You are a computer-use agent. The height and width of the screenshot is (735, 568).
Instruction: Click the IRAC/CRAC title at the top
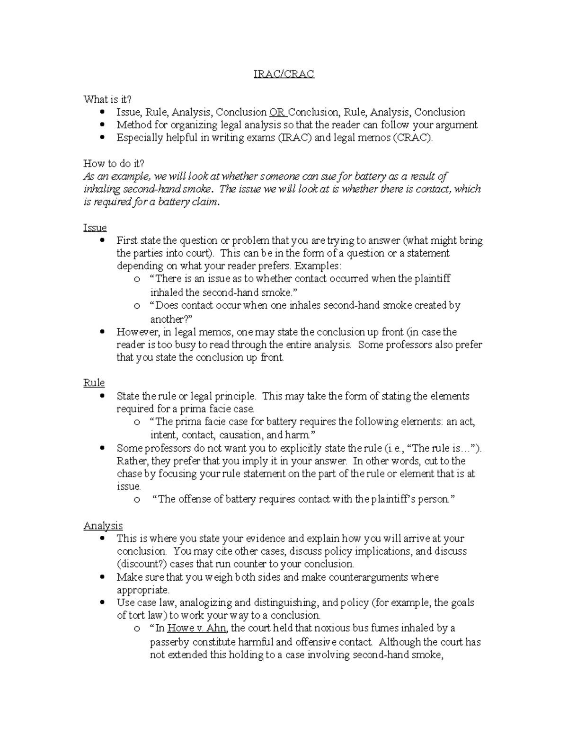pyautogui.click(x=284, y=74)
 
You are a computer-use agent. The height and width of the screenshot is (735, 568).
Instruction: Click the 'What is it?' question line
pyautogui.click(x=107, y=99)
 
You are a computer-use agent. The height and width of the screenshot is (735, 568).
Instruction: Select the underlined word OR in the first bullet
pyautogui.click(x=276, y=112)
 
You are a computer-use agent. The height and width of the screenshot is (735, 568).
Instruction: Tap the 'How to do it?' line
pyautogui.click(x=114, y=163)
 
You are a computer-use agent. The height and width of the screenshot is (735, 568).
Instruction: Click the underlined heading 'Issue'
pyautogui.click(x=95, y=228)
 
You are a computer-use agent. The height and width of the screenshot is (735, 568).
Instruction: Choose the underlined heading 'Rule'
pyautogui.click(x=94, y=382)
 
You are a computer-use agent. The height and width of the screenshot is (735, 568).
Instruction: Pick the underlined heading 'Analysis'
pyautogui.click(x=103, y=525)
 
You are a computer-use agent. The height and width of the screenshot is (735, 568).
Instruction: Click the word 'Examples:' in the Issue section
pyautogui.click(x=317, y=266)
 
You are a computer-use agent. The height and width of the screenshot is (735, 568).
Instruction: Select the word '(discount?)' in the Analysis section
pyautogui.click(x=142, y=564)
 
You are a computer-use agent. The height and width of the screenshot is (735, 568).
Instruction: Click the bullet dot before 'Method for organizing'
pyautogui.click(x=102, y=125)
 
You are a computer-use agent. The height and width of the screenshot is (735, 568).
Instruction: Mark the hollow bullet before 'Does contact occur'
pyautogui.click(x=137, y=306)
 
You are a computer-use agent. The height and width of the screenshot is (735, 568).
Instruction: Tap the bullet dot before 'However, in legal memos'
pyautogui.click(x=102, y=332)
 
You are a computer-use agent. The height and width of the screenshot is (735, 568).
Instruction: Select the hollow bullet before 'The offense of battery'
pyautogui.click(x=137, y=499)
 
